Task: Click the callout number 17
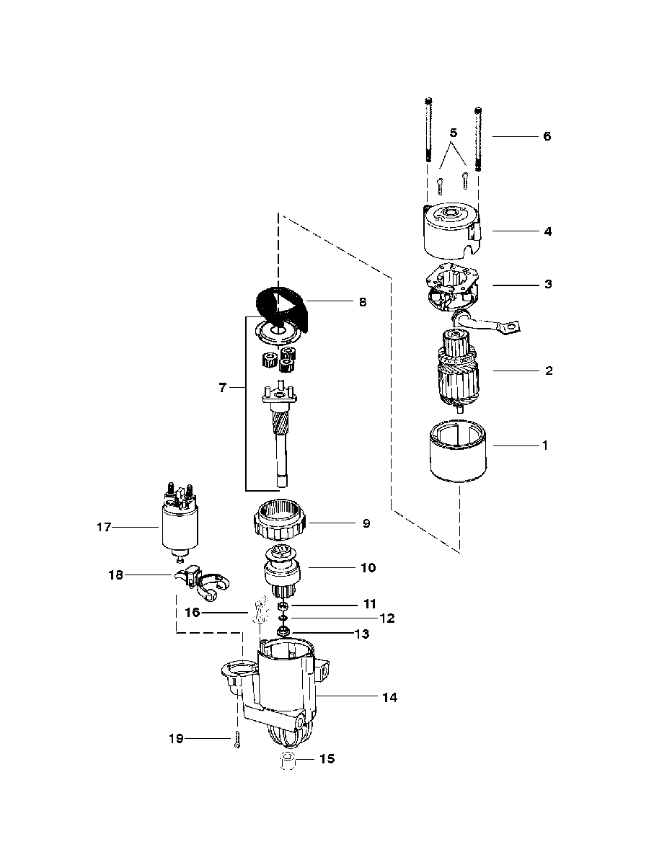[x=104, y=527]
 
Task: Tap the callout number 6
[x=547, y=136]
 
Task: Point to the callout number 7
[x=223, y=388]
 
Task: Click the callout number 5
[x=454, y=133]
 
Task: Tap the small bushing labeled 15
[x=288, y=762]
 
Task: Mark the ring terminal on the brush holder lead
[x=509, y=327]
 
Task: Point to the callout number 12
[x=387, y=618]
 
